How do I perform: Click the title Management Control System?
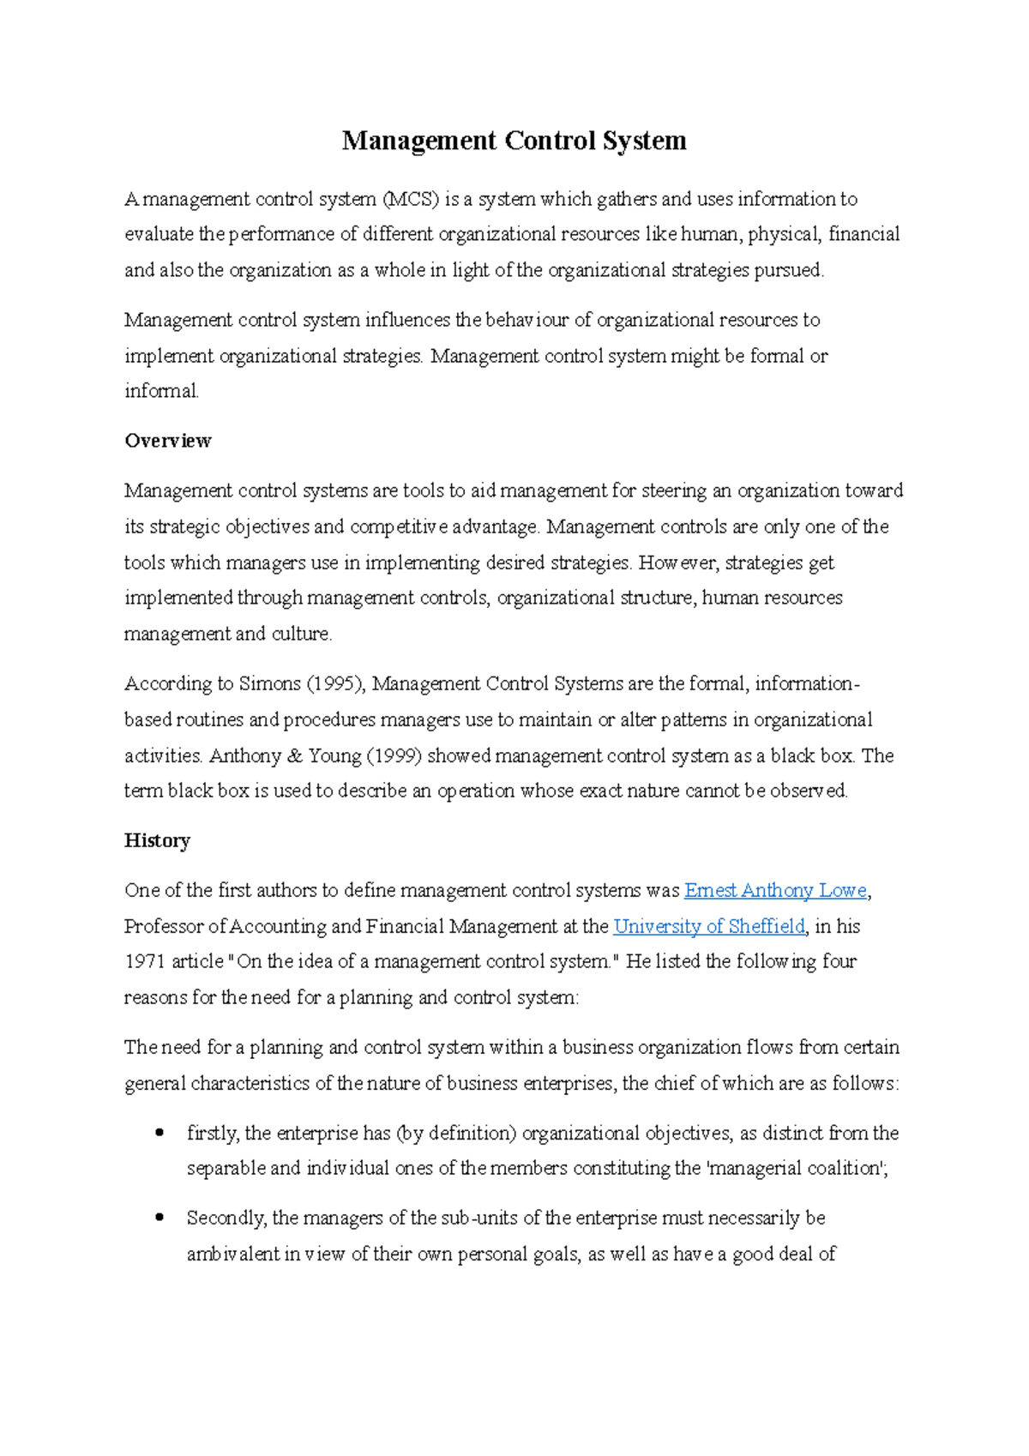click(x=514, y=141)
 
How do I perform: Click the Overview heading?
click(x=167, y=441)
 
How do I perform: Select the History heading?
click(x=157, y=840)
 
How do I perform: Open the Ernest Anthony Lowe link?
click(x=775, y=891)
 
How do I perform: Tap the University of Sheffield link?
click(x=709, y=927)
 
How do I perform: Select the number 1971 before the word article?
click(x=144, y=962)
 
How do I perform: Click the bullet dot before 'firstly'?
click(x=159, y=1133)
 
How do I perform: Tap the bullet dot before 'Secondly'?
click(x=159, y=1218)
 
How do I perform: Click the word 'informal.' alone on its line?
click(x=161, y=392)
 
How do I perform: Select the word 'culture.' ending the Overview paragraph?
click(x=302, y=635)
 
